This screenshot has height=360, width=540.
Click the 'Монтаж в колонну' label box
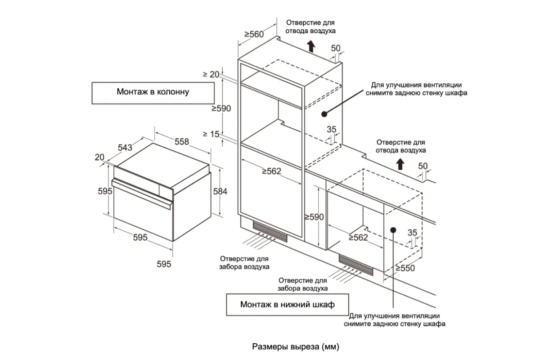click(153, 93)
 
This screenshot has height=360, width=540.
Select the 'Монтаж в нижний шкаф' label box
click(287, 305)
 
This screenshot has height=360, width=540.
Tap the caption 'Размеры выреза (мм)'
click(295, 347)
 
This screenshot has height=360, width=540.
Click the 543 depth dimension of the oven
click(125, 147)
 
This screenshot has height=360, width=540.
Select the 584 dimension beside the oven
click(220, 191)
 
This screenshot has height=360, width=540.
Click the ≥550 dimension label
click(405, 268)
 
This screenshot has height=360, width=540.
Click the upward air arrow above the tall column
click(310, 46)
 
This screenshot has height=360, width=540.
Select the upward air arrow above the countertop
click(400, 164)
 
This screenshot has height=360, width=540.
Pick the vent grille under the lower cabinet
click(356, 265)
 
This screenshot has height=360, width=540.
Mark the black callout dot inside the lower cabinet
click(393, 229)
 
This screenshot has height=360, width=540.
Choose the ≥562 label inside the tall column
click(271, 171)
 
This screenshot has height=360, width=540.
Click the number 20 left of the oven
click(99, 157)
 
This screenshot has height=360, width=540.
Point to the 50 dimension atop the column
click(336, 49)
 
